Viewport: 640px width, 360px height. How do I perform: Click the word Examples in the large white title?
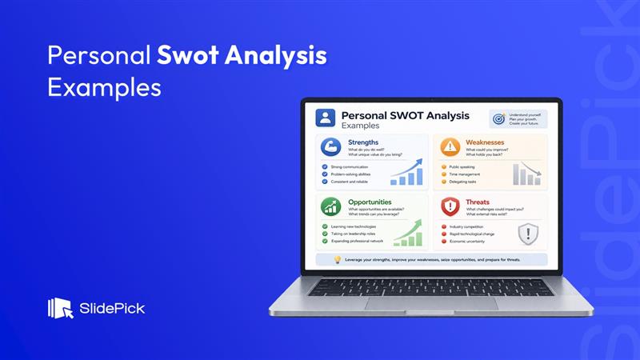point(104,86)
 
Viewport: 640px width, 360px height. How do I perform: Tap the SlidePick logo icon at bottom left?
point(61,308)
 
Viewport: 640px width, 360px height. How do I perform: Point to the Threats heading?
point(477,202)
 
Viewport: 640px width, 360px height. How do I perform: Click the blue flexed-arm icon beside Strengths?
point(331,146)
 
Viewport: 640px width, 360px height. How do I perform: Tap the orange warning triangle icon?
point(450,146)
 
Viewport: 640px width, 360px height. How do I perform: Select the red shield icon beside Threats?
point(450,206)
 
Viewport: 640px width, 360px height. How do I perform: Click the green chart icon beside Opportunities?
point(331,206)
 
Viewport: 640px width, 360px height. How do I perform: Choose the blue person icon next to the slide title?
point(325,119)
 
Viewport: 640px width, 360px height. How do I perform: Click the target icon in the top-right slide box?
point(498,119)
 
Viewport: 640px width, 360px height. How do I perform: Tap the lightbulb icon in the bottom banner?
point(337,259)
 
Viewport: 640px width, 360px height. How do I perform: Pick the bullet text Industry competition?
point(466,226)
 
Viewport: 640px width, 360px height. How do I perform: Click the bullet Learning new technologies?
point(353,226)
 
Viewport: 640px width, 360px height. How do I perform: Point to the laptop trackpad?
point(431,303)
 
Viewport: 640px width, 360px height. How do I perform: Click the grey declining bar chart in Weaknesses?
point(526,174)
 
